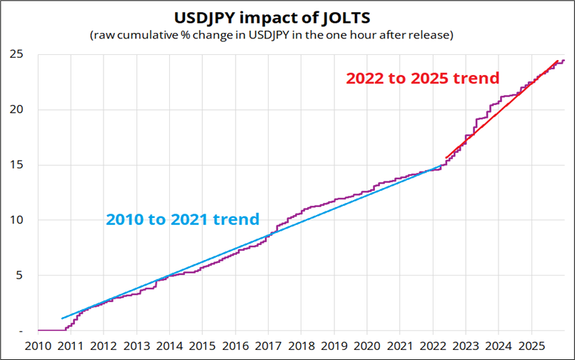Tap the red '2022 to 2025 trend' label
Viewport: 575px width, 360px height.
tap(422, 78)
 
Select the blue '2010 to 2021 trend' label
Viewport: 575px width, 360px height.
tap(182, 219)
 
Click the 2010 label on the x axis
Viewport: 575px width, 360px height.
tap(38, 346)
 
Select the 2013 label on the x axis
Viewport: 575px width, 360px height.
tap(136, 346)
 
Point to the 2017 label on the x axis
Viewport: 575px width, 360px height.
tap(269, 346)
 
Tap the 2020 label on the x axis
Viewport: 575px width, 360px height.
tap(367, 346)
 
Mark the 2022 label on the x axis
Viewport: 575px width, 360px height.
tap(433, 346)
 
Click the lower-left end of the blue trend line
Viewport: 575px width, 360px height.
tap(62, 318)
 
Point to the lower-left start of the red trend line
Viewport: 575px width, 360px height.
tap(446, 158)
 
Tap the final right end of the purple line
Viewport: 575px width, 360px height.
tap(564, 60)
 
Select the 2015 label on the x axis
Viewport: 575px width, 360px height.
tap(202, 346)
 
